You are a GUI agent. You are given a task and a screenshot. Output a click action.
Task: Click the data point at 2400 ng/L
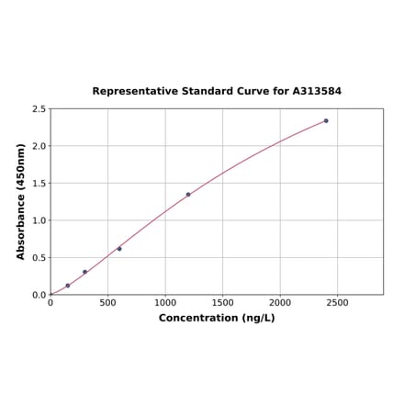[326, 120]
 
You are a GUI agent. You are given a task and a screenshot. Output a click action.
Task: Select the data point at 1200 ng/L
[188, 195]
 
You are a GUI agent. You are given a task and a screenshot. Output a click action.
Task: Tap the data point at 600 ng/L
[119, 249]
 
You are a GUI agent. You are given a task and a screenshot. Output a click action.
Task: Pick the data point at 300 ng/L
[84, 272]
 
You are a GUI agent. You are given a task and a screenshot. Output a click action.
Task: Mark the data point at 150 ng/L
[68, 286]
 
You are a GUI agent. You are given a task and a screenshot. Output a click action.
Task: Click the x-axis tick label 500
[107, 302]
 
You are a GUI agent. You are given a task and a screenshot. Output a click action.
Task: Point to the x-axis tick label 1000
[165, 302]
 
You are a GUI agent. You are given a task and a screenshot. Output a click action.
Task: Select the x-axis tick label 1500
[222, 302]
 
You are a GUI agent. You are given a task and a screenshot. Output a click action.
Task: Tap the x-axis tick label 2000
[280, 302]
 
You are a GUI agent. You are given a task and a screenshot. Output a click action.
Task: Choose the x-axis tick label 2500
[337, 302]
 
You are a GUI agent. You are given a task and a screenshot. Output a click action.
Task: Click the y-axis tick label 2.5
[39, 109]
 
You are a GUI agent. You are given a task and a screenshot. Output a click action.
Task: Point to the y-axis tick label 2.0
[39, 146]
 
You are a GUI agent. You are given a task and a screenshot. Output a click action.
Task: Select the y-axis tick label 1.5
[39, 184]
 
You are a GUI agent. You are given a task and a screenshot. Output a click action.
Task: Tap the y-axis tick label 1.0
[39, 220]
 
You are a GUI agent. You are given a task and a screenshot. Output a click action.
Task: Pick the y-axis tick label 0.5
[39, 258]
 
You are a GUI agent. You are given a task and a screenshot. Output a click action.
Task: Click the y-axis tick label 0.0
[39, 295]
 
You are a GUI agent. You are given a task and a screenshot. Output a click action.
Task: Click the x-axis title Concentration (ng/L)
[217, 318]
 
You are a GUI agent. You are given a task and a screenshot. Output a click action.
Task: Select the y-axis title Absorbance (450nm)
[20, 201]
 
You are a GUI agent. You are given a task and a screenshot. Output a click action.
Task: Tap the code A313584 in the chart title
[317, 92]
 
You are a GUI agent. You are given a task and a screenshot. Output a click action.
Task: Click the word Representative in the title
[134, 92]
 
